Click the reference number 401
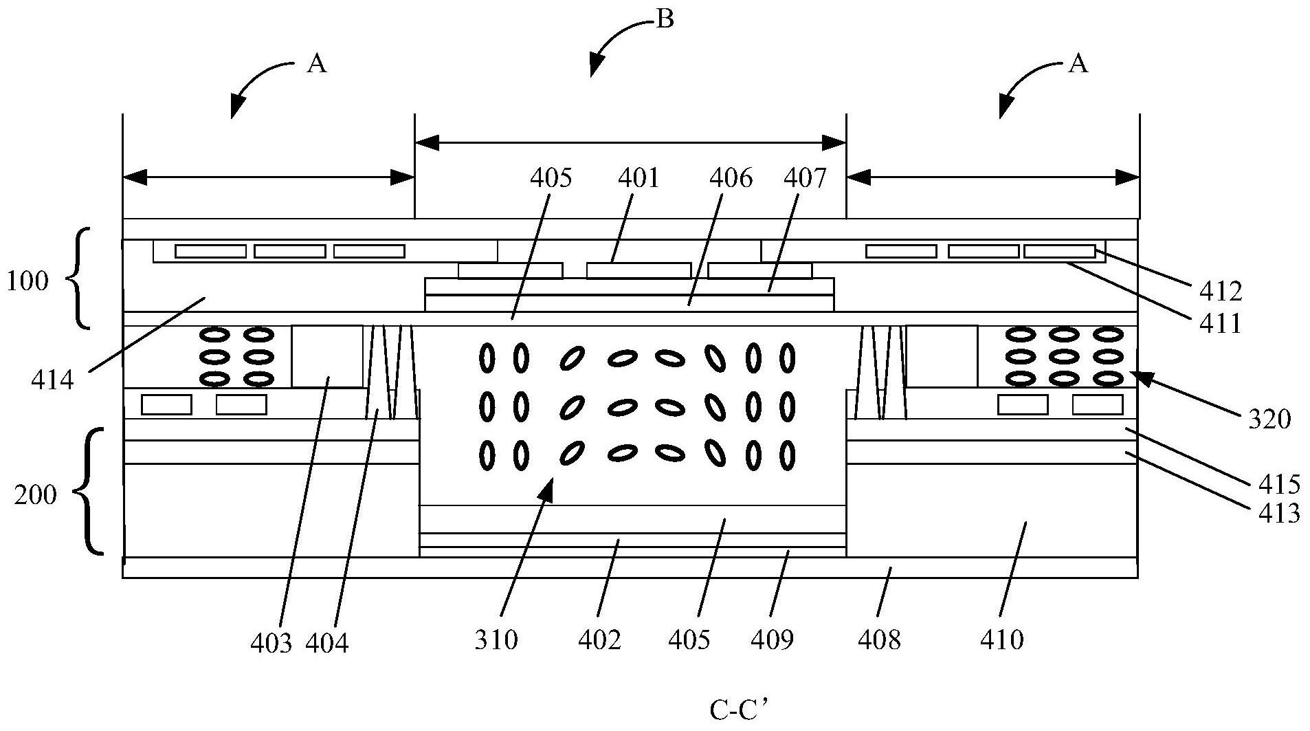point(639,178)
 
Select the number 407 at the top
point(805,178)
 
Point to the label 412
point(1221,292)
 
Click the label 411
point(1221,323)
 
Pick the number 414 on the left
point(52,378)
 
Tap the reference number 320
point(1269,418)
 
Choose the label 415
point(1279,484)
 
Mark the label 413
point(1279,513)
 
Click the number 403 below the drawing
point(271,644)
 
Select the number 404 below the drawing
point(327,644)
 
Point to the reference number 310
point(496,640)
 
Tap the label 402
point(599,640)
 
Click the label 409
point(772,640)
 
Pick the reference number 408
point(879,640)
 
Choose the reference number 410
point(1002,640)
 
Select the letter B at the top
point(665,19)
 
